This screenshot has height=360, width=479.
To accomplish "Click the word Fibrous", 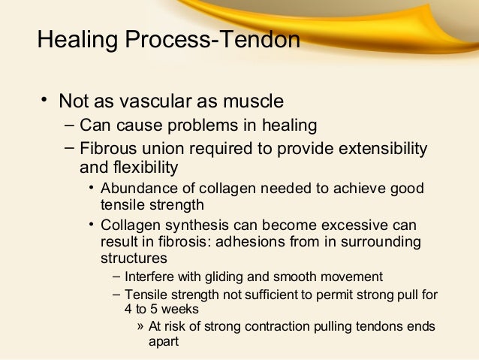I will click(107, 148).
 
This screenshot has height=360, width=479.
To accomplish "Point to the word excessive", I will click(354, 225).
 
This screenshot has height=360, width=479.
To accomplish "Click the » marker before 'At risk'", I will click(141, 326).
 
